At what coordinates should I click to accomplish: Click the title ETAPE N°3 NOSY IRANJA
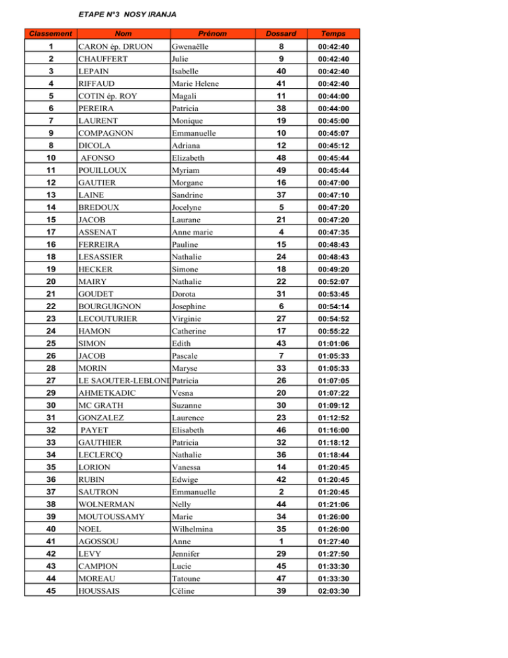(x=127, y=13)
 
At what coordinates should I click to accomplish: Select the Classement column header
(x=48, y=32)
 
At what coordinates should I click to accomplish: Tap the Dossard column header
(x=280, y=32)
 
